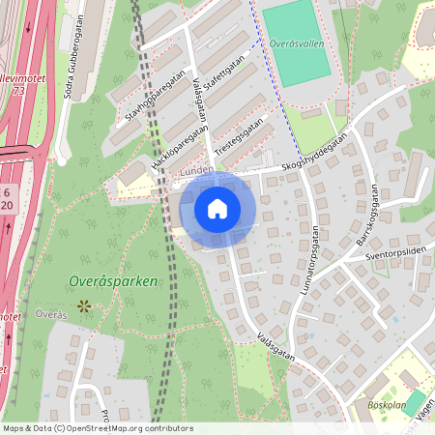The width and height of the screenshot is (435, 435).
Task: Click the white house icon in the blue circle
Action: pyautogui.click(x=217, y=209)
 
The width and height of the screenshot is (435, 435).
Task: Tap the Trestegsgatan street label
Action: pyautogui.click(x=239, y=138)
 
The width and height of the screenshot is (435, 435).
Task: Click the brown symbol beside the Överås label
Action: pyautogui.click(x=83, y=305)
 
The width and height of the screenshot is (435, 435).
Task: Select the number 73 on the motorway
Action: pyautogui.click(x=19, y=90)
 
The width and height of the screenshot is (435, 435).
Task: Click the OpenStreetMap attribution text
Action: pyautogui.click(x=98, y=427)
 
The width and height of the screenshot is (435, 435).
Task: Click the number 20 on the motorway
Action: pyautogui.click(x=8, y=205)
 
